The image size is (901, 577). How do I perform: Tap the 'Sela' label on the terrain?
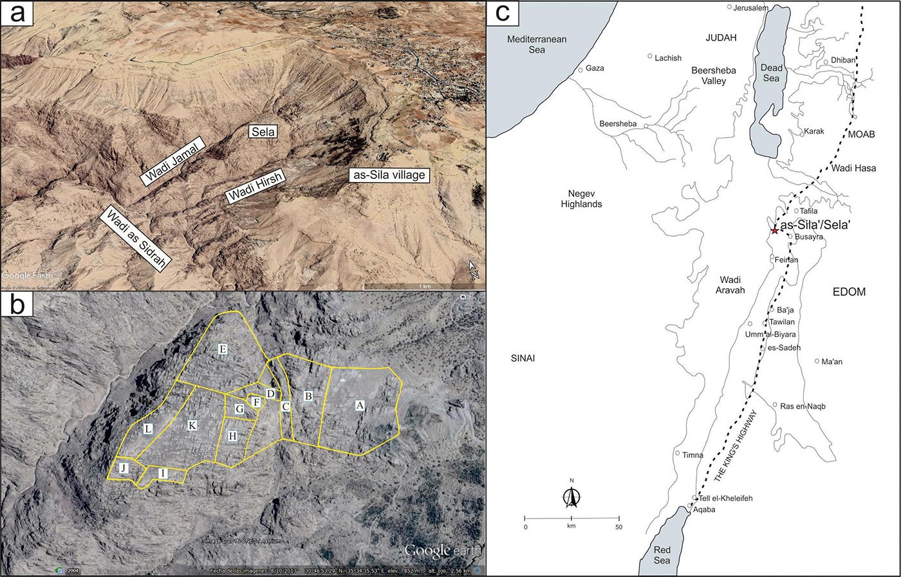click(263, 132)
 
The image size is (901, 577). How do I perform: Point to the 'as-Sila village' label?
click(388, 175)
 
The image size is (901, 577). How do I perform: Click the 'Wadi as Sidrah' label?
click(137, 239)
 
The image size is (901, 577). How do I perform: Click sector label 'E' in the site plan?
click(223, 349)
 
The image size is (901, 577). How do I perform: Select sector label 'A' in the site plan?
click(360, 405)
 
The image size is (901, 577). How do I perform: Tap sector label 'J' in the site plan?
click(124, 468)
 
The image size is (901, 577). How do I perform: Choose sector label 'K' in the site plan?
click(192, 425)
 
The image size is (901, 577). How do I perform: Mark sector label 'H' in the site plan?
click(232, 436)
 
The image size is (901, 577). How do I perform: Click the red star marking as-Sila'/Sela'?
click(774, 230)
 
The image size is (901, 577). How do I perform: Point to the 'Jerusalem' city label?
click(750, 8)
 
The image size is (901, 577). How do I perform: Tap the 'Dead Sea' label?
click(771, 73)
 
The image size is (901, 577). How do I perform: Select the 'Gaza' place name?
click(595, 68)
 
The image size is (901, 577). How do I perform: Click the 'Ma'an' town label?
click(831, 362)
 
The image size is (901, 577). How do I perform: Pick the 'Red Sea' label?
click(662, 554)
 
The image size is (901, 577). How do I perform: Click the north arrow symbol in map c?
click(571, 496)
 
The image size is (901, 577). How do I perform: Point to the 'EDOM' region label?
click(849, 291)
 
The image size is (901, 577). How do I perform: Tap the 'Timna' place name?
click(692, 455)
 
